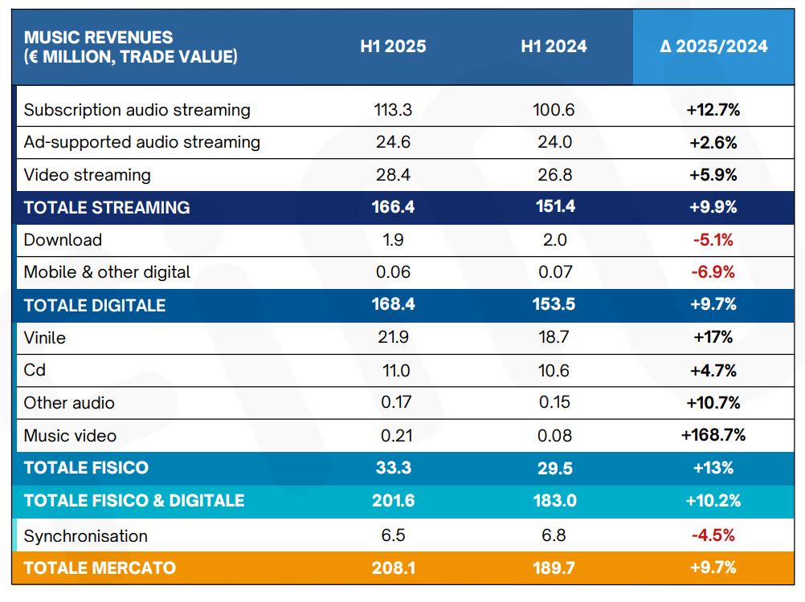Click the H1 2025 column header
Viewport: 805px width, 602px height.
click(x=393, y=47)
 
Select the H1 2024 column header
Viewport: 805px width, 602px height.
click(x=554, y=47)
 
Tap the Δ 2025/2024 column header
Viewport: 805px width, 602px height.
click(x=713, y=47)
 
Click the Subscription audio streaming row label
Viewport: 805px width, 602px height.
click(x=137, y=110)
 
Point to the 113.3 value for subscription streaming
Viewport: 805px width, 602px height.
click(x=393, y=110)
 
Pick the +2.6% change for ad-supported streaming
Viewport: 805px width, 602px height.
click(x=713, y=143)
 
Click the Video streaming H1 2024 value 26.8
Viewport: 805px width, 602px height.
click(x=554, y=175)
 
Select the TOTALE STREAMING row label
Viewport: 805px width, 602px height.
click(x=107, y=207)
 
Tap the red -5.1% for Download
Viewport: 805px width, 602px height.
click(x=713, y=240)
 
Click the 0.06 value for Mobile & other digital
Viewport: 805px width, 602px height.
click(x=393, y=272)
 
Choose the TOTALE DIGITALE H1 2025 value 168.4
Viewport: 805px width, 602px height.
click(x=393, y=305)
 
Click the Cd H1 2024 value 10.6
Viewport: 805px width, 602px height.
click(x=554, y=371)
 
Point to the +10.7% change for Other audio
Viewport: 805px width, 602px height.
click(x=713, y=403)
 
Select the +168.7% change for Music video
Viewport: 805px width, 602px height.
click(x=713, y=435)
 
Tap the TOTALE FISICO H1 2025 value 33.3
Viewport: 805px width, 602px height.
click(x=393, y=468)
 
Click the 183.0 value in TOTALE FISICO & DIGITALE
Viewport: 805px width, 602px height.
click(x=554, y=501)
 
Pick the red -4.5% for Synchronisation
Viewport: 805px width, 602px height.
click(x=713, y=535)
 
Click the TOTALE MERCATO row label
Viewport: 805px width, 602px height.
click(x=100, y=567)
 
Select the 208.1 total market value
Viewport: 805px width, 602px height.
click(x=393, y=567)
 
